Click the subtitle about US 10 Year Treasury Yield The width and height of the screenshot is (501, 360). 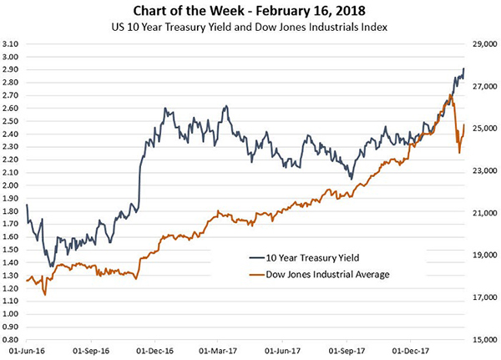251,28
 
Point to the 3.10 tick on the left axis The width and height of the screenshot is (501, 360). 12,43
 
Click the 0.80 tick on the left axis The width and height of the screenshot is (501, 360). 12,340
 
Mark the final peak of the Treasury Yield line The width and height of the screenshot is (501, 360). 464,68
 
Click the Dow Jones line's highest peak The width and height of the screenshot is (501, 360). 451,95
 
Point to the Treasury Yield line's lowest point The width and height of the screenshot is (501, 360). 51,266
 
